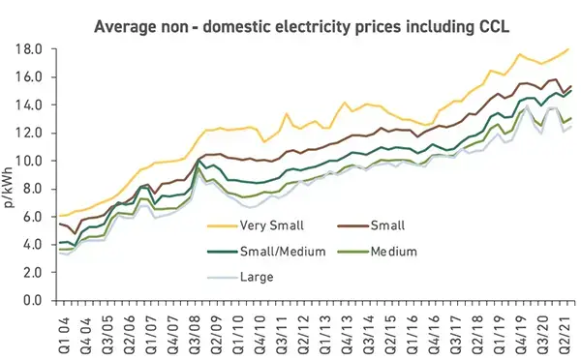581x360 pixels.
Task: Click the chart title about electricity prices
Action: pos(290,22)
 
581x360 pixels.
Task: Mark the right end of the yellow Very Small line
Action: pos(567,49)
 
